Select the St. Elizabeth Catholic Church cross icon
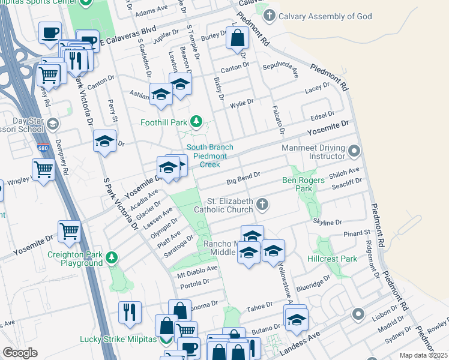[x=262, y=205]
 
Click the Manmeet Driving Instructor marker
[x=355, y=151]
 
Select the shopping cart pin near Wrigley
[x=44, y=169]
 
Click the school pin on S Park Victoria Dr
[x=105, y=142]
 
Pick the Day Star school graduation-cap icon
[x=52, y=124]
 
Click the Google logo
[x=20, y=353]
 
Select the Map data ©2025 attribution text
[x=423, y=355]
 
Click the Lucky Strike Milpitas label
[x=119, y=340]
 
